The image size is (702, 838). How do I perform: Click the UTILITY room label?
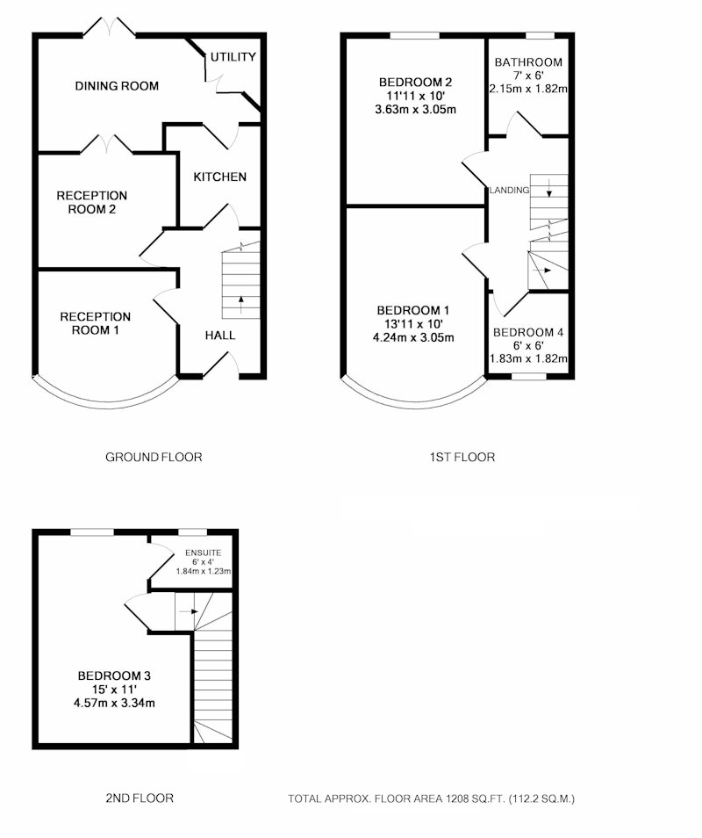[233, 56]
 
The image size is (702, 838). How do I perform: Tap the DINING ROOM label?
[117, 85]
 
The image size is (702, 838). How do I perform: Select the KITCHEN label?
[220, 177]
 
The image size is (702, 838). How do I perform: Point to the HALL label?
[220, 335]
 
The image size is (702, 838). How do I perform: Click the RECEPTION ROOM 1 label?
[95, 323]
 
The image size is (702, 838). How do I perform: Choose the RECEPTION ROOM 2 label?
[92, 203]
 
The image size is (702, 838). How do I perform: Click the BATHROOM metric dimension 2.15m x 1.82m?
[528, 89]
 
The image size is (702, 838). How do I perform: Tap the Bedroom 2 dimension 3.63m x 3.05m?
[415, 110]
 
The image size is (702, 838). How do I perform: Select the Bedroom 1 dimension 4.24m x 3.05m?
[413, 337]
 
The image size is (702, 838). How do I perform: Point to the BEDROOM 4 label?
[528, 332]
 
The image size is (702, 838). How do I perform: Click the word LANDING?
[509, 190]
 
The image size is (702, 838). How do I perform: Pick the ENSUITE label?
[203, 553]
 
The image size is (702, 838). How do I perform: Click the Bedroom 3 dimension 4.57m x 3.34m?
[114, 703]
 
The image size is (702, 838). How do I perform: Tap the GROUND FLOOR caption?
[154, 457]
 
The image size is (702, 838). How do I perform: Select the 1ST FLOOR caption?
[462, 457]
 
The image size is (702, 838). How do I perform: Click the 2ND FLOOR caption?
[140, 798]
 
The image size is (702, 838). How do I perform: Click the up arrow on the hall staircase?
[240, 305]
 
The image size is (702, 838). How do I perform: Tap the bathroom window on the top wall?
[541, 36]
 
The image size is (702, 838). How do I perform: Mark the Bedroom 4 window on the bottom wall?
[529, 376]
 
